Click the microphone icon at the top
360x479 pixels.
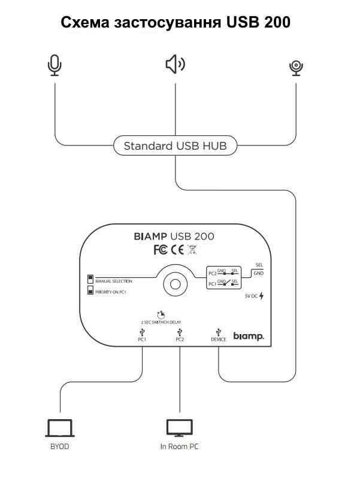(55, 65)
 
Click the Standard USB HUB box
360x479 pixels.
(175, 145)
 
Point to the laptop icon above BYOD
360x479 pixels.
(59, 428)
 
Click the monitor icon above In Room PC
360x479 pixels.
(179, 428)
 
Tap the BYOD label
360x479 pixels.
(59, 447)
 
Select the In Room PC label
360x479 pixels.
(179, 447)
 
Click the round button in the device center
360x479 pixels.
(175, 284)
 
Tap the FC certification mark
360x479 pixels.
(160, 250)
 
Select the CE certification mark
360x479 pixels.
(177, 250)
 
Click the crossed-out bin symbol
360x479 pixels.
(192, 250)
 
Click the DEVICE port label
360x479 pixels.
(219, 339)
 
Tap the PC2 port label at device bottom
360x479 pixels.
(179, 339)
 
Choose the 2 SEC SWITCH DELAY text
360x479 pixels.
(161, 322)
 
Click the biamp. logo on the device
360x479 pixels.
(248, 337)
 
